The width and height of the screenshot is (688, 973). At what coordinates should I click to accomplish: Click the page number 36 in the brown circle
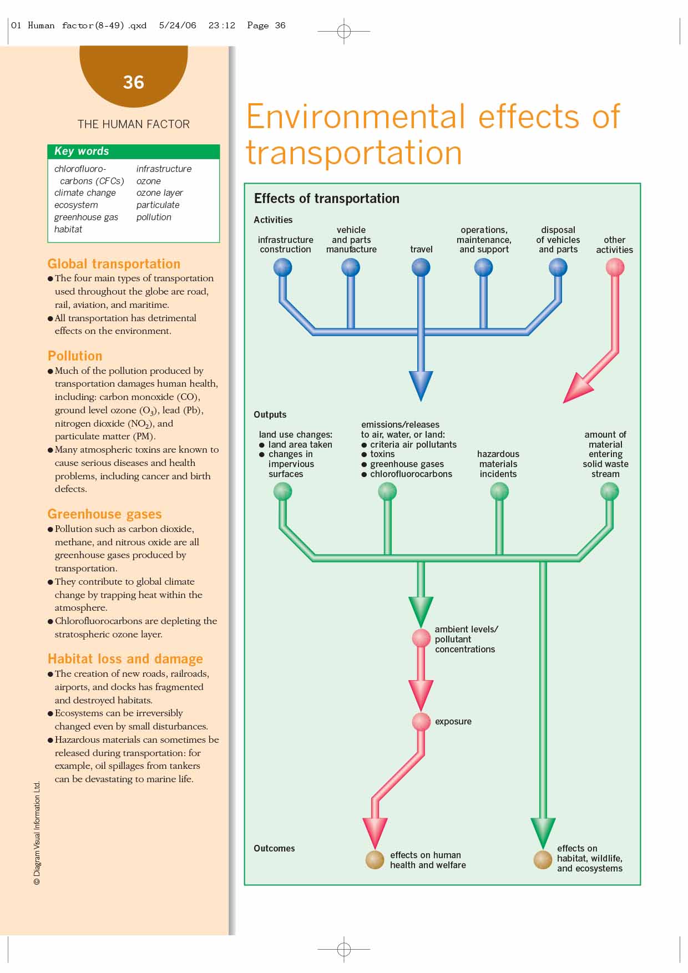point(134,83)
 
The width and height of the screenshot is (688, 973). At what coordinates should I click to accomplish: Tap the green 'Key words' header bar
point(134,151)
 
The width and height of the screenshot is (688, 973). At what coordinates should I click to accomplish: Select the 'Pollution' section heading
point(75,356)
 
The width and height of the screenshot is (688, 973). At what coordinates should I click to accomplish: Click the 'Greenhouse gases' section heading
point(104,514)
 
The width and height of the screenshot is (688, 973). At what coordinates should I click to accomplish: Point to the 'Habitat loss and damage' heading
point(125,659)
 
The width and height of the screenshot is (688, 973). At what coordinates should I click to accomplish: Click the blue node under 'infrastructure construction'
point(283,268)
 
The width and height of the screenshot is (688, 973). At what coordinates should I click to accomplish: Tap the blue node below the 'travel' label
point(421,268)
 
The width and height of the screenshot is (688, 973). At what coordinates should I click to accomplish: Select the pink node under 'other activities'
point(615,268)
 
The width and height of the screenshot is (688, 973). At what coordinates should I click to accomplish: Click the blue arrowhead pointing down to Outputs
point(421,385)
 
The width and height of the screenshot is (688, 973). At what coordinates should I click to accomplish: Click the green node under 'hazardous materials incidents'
point(499,491)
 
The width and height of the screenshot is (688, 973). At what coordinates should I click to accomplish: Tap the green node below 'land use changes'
point(283,491)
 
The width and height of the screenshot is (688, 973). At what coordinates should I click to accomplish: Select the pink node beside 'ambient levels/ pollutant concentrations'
point(421,638)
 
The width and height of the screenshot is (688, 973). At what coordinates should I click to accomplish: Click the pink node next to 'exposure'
point(421,722)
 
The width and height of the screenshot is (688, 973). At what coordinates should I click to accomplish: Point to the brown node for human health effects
point(375,860)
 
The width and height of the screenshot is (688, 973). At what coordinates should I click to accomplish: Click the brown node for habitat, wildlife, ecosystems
point(543,860)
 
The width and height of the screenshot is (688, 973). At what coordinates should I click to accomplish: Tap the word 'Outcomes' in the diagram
point(274,849)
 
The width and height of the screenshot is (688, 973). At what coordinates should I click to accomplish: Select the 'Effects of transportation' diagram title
point(326,199)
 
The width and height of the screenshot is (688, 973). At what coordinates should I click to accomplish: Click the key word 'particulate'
point(158,205)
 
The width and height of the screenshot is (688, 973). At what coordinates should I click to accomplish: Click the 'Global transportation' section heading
point(114,264)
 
